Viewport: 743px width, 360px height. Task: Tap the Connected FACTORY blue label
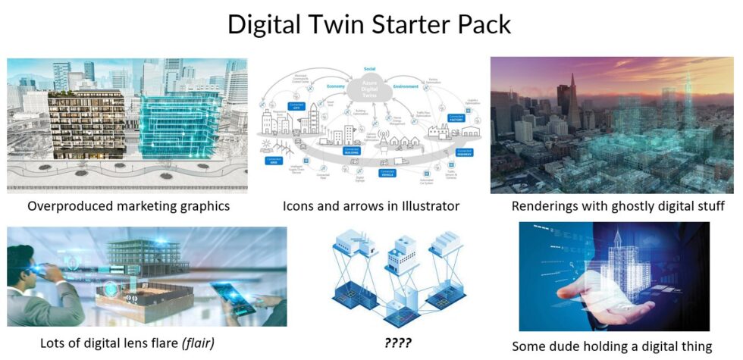pos(456,119)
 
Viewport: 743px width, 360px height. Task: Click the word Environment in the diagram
pos(406,86)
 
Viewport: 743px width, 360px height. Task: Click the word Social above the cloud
pos(370,68)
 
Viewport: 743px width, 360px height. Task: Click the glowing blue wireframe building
pos(180,125)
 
